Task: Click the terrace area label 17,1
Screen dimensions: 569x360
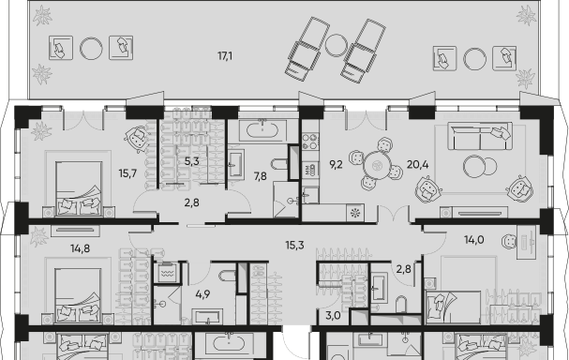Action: [225, 56]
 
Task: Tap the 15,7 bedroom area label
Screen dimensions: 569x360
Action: [127, 173]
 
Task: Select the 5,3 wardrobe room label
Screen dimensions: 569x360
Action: [191, 161]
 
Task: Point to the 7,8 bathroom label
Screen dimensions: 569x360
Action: [261, 176]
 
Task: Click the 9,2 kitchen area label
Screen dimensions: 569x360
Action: [336, 165]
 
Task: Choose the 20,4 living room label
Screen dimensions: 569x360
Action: [418, 165]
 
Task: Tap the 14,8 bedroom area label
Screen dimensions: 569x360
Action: [81, 249]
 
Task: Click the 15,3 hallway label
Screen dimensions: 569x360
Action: [294, 246]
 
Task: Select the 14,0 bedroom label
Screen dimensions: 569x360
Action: [474, 240]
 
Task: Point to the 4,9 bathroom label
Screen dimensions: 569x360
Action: [202, 294]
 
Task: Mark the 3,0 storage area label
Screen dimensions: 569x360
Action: [333, 316]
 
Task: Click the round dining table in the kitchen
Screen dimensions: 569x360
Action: [377, 166]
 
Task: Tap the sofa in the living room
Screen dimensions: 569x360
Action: [480, 136]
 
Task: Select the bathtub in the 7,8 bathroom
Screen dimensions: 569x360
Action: [262, 129]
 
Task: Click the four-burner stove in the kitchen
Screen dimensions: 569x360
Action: [310, 142]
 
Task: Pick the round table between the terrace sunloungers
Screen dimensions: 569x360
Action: [337, 45]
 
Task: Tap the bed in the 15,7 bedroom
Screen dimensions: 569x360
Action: [79, 188]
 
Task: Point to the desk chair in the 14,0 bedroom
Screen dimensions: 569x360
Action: [509, 241]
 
